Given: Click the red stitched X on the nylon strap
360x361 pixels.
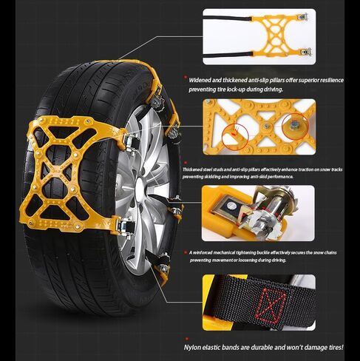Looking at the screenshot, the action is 271,305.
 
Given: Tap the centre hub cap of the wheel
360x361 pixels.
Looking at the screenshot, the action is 141,186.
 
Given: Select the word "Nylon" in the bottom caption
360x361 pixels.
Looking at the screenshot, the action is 192,348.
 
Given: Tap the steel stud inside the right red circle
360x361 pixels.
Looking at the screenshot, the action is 293,125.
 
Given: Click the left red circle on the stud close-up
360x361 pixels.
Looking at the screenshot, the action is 235,137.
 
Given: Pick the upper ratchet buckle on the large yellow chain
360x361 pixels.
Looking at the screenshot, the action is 131,144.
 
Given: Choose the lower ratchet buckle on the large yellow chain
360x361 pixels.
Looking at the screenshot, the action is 126,227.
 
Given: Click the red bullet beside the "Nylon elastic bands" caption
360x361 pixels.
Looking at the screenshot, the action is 187,339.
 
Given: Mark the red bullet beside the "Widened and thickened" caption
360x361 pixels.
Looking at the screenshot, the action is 186,78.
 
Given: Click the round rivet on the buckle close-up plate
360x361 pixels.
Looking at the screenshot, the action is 231,205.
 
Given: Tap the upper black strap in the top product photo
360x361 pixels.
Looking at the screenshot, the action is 228,18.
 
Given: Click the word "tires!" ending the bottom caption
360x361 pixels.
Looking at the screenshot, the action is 336,348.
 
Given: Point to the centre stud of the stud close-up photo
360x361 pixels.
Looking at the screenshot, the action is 265,126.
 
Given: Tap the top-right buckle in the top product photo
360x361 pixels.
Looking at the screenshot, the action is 302,17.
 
